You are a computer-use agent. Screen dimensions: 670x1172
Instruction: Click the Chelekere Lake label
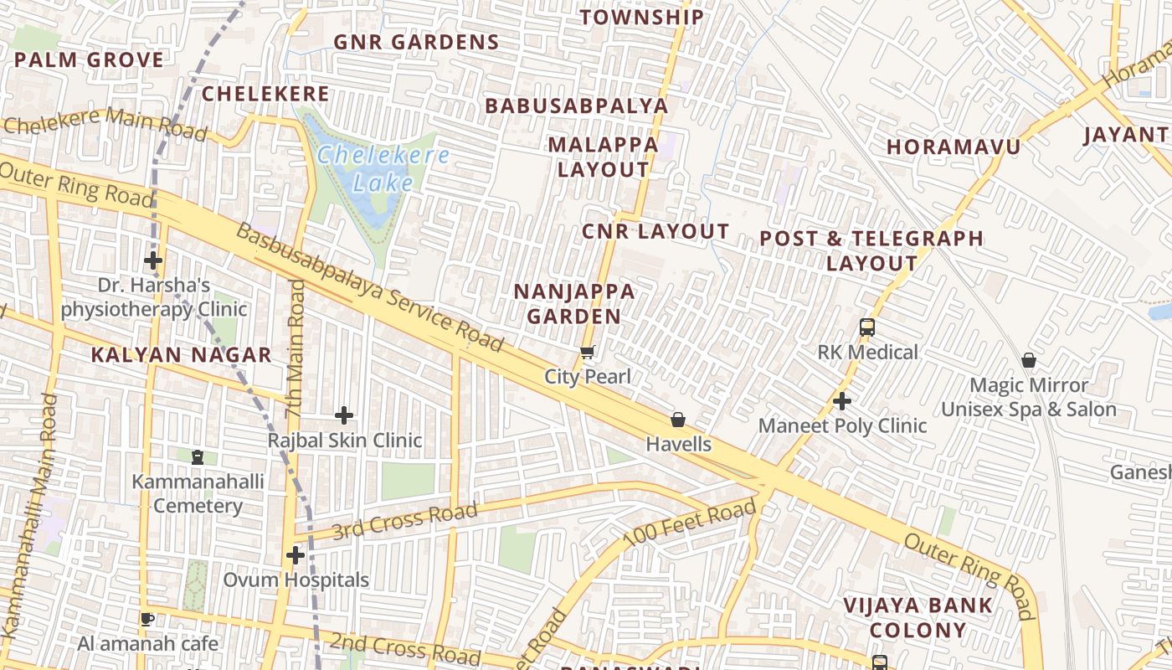point(383,168)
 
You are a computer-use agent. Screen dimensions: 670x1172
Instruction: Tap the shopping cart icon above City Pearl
point(588,353)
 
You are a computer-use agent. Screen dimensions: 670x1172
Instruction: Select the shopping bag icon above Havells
point(678,420)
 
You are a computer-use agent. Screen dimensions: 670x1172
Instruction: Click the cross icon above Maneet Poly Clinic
point(842,402)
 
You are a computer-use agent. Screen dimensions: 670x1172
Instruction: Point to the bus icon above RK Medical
point(867,327)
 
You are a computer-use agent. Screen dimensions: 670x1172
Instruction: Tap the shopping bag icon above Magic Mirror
point(1029,361)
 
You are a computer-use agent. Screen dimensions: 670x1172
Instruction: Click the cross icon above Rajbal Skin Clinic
point(344,415)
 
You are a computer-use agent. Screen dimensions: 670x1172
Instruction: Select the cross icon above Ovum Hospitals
point(295,555)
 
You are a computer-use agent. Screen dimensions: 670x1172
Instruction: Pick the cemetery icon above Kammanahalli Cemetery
point(198,457)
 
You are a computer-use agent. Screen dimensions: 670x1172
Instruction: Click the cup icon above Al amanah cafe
point(147,620)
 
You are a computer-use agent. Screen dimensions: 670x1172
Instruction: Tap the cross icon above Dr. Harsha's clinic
point(153,260)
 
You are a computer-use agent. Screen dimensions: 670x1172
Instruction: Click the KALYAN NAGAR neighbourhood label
point(181,355)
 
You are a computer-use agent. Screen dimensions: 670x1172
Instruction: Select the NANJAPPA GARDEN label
point(574,304)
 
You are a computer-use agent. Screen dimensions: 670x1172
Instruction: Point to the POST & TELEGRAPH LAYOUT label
point(871,250)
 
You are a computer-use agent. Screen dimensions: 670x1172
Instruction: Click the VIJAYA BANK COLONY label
point(918,617)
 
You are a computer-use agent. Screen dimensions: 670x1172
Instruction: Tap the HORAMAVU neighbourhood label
point(954,147)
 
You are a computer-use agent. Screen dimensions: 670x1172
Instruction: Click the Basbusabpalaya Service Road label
point(369,287)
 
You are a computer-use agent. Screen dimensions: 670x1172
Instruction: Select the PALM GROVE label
point(89,60)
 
